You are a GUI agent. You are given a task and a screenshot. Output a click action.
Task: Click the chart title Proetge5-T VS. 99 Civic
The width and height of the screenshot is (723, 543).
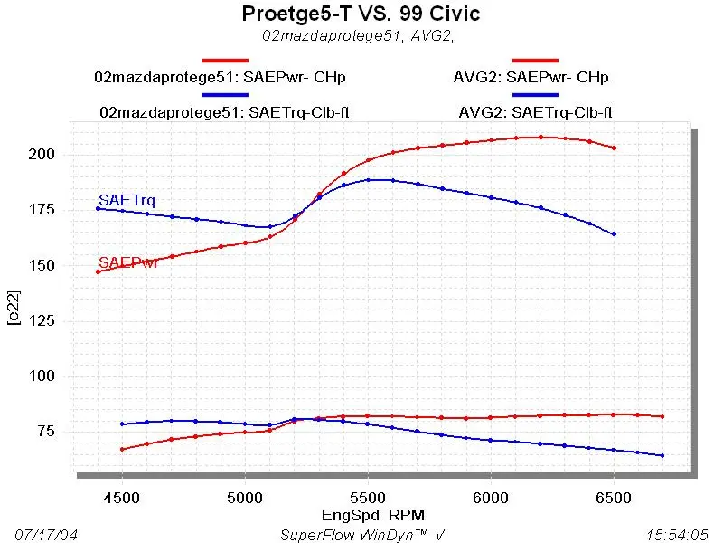[361, 14]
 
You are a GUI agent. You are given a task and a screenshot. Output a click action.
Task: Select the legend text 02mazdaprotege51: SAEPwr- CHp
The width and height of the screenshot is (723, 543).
[221, 77]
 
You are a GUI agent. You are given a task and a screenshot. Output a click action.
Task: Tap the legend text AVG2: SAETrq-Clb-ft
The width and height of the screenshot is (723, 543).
[541, 113]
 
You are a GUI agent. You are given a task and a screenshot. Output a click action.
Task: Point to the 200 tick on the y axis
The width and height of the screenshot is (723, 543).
[44, 155]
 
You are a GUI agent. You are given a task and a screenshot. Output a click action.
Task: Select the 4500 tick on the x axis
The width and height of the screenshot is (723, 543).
[122, 497]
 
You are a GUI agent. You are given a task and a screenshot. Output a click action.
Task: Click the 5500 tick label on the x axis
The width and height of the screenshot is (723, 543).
[368, 497]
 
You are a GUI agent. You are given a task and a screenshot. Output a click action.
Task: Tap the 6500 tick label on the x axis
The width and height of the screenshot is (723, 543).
[614, 497]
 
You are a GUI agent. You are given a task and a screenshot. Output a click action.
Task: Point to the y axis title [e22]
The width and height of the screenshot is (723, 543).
[14, 310]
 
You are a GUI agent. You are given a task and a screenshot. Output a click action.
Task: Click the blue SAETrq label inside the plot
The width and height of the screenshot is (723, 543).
[120, 199]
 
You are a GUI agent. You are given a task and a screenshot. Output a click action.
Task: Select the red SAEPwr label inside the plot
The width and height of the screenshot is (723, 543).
[128, 262]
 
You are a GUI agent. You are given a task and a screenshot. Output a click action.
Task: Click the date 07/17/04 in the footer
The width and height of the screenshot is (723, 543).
[47, 534]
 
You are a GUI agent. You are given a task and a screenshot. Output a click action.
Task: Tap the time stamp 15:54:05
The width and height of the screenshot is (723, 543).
[677, 534]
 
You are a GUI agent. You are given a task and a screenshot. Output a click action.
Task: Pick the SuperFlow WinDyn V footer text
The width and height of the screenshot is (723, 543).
[361, 534]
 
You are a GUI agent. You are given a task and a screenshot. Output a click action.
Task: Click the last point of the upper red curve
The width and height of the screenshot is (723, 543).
[615, 148]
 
